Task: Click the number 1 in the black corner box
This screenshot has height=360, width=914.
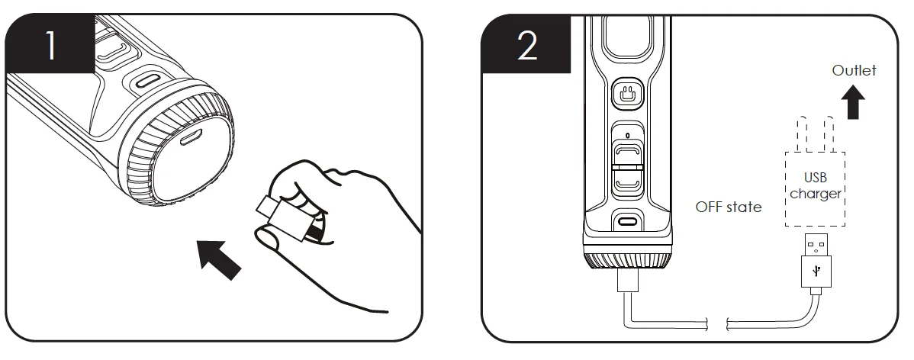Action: [x=50, y=46]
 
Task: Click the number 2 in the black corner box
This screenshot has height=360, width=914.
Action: [x=527, y=46]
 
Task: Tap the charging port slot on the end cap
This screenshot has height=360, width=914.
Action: [x=189, y=138]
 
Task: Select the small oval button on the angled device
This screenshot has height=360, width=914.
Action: [x=147, y=81]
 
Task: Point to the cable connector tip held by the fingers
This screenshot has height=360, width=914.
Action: [x=266, y=207]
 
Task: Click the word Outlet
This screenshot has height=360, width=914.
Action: [x=854, y=70]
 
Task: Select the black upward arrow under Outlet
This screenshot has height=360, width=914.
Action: [x=854, y=102]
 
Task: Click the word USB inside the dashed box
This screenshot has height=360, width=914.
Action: [x=815, y=178]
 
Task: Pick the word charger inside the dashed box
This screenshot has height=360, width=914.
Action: [x=816, y=194]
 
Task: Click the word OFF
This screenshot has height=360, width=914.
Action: [x=709, y=207]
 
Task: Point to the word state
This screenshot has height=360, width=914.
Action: [x=744, y=207]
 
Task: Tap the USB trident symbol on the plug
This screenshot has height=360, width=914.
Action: [x=816, y=271]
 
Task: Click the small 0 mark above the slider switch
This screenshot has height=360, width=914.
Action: [x=627, y=136]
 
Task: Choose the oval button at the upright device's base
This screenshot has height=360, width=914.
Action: [x=627, y=221]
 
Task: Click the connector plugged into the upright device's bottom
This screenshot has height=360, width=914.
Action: [x=628, y=280]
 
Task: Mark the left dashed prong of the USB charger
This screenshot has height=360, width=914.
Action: [x=804, y=134]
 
